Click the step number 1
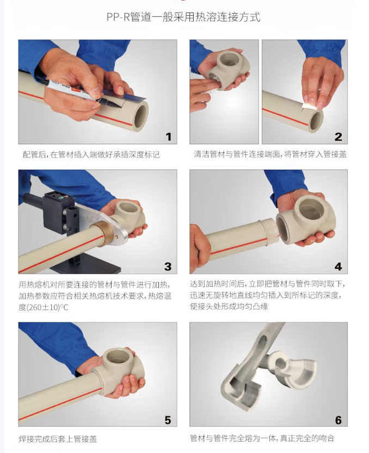click(x=169, y=136)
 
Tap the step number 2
click(x=338, y=136)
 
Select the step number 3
click(x=168, y=266)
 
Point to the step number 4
click(x=338, y=266)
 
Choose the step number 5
click(x=168, y=420)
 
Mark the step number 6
click(x=339, y=420)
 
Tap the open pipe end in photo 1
click(x=140, y=115)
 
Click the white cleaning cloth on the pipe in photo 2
click(x=310, y=104)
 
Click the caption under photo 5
click(x=58, y=439)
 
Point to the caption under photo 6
click(x=262, y=438)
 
